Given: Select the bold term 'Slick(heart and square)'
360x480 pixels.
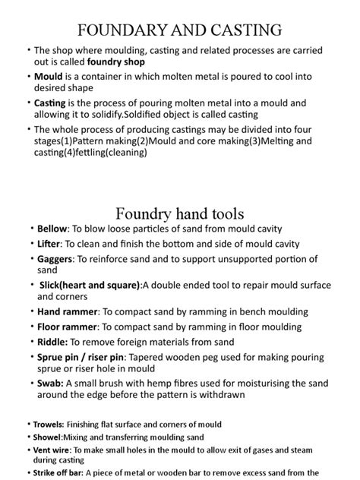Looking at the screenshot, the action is pos(90,285).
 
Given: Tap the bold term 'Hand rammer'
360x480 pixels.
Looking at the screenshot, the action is pos(67,311).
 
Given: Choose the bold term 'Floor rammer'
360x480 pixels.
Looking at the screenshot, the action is pos(68,327).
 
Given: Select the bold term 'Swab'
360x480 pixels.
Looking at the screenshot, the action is pos(49,383).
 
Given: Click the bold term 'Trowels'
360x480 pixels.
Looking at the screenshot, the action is pos(49,424).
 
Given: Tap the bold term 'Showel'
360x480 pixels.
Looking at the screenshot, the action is pos(48,437).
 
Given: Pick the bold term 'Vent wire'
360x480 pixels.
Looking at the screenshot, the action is pos(52,450).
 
